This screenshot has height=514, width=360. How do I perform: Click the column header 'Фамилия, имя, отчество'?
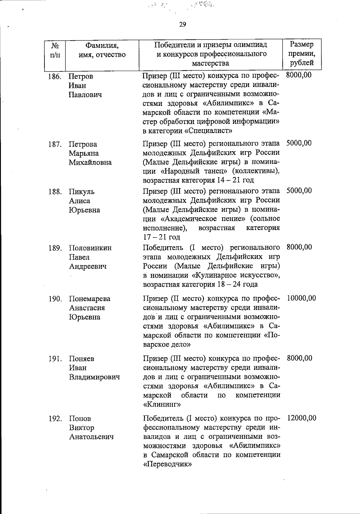pyautogui.click(x=102, y=50)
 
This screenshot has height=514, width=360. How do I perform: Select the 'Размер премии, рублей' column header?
pyautogui.click(x=302, y=54)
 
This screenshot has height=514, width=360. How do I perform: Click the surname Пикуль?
pyautogui.click(x=82, y=192)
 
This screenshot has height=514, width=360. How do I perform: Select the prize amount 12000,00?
pyautogui.click(x=301, y=418)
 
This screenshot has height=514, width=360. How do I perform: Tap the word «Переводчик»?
pyautogui.click(x=168, y=464)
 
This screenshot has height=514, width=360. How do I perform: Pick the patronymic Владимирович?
pyautogui.click(x=94, y=377)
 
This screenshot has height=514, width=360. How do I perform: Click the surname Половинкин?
pyautogui.click(x=91, y=248)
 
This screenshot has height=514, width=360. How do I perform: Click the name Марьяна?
pyautogui.click(x=84, y=153)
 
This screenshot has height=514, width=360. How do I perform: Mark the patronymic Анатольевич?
pyautogui.click(x=91, y=437)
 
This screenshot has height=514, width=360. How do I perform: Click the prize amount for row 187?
pyautogui.click(x=299, y=143)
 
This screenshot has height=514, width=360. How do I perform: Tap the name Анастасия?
pyautogui.click(x=87, y=308)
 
